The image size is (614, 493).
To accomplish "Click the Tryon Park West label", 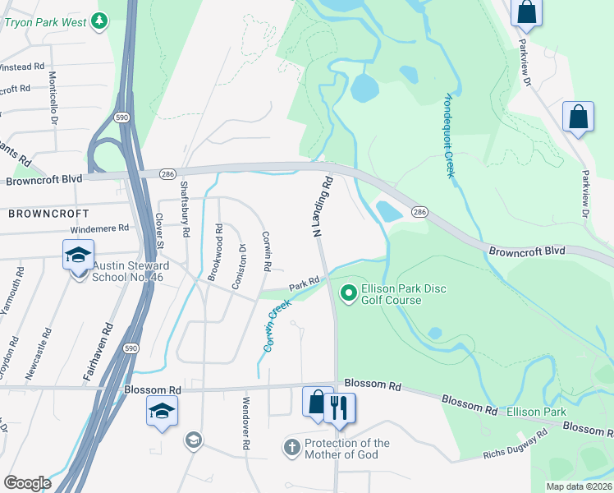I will [x=45, y=22].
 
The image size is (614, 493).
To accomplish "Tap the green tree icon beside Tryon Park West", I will [x=100, y=21].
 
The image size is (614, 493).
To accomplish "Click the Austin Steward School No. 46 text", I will [x=131, y=271].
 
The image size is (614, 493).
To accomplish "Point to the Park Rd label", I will [x=303, y=283].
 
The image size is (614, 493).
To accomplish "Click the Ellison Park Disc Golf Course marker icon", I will [x=348, y=292].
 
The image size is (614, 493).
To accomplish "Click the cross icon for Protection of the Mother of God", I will [x=291, y=448].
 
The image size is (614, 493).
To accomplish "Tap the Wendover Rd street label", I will [x=245, y=423].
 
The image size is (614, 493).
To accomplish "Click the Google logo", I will [x=27, y=483].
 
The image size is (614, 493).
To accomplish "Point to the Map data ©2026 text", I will [x=579, y=486].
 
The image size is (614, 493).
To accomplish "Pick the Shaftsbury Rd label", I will [x=186, y=210].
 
